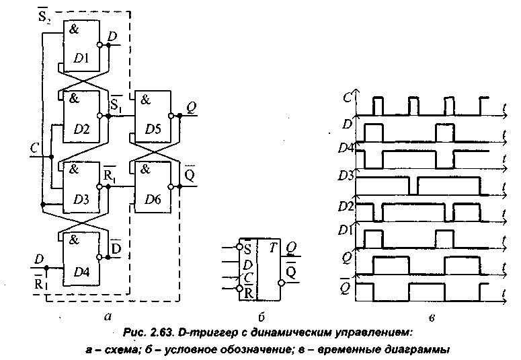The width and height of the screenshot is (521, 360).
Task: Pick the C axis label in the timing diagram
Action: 347,96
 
